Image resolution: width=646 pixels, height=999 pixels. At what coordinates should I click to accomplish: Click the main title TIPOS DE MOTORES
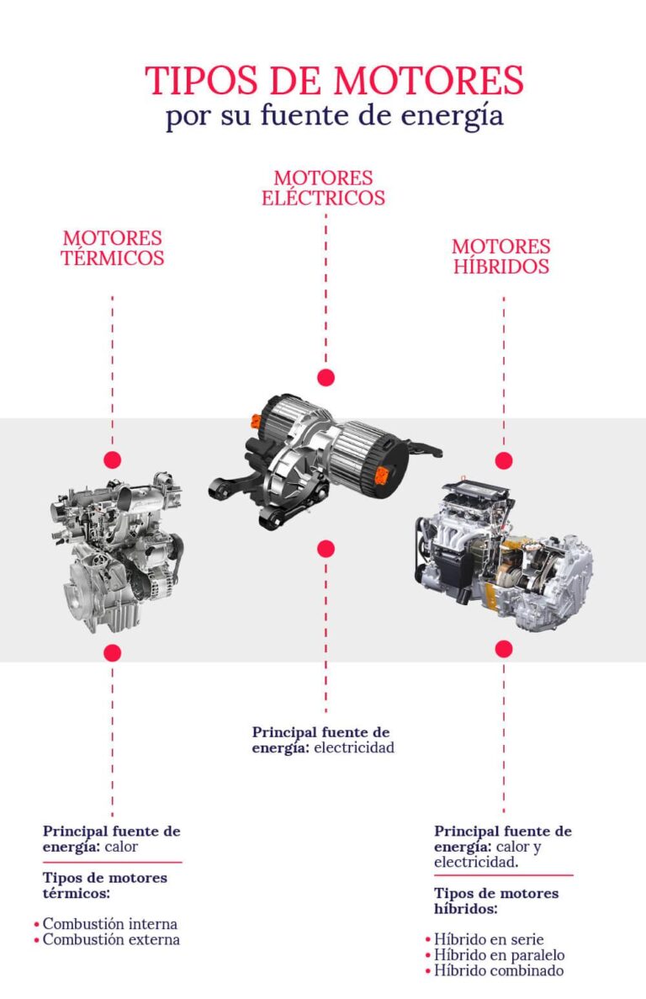point(334,81)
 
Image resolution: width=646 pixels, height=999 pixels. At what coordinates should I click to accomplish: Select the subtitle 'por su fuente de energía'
point(334,116)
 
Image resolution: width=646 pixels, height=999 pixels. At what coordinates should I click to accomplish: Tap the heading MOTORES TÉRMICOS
point(112,248)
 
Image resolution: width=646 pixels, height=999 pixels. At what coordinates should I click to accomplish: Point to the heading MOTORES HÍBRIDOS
point(501,256)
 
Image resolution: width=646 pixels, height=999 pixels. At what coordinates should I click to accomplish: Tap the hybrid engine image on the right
point(503,555)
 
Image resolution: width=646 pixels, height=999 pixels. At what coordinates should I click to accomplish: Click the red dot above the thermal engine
point(113,460)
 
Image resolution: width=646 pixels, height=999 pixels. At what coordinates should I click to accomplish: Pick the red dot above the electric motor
point(326,377)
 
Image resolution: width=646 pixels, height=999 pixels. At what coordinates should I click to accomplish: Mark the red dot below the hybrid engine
point(504,648)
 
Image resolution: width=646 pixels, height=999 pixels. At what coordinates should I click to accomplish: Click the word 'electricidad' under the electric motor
point(354,747)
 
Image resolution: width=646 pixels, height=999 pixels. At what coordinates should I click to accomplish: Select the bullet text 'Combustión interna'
point(110,924)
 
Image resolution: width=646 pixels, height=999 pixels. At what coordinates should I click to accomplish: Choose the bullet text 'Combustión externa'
point(111,939)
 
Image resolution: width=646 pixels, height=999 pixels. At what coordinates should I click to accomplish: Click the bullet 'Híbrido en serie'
point(489,939)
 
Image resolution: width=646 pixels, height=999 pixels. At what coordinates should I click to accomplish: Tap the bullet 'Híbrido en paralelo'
point(499,954)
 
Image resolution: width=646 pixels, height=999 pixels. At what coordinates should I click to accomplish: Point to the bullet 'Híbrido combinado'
point(498,970)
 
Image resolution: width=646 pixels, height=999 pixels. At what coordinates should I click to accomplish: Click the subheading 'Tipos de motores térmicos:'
point(104,885)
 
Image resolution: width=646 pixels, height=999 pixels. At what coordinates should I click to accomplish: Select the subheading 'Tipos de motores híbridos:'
point(495,901)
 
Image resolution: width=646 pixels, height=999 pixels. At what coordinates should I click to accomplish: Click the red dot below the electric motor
point(326,549)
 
